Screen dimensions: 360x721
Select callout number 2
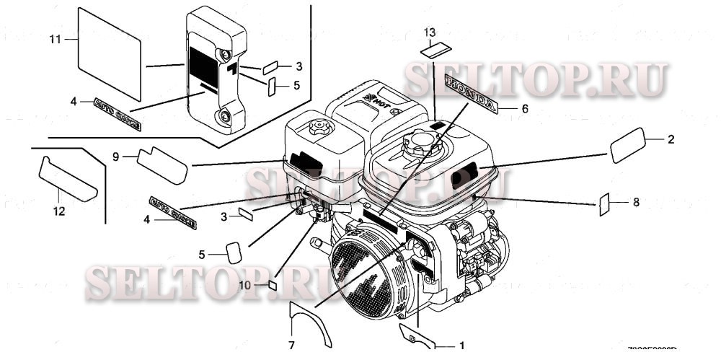click(671, 140)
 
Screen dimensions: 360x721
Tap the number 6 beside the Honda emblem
click(524, 108)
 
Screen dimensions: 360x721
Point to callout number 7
click(291, 345)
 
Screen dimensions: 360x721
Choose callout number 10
click(245, 286)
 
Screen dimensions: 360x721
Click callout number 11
click(55, 38)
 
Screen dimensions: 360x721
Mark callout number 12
click(59, 211)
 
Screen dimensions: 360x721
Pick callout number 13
click(430, 32)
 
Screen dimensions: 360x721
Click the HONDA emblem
click(471, 93)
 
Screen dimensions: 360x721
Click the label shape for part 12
click(66, 180)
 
